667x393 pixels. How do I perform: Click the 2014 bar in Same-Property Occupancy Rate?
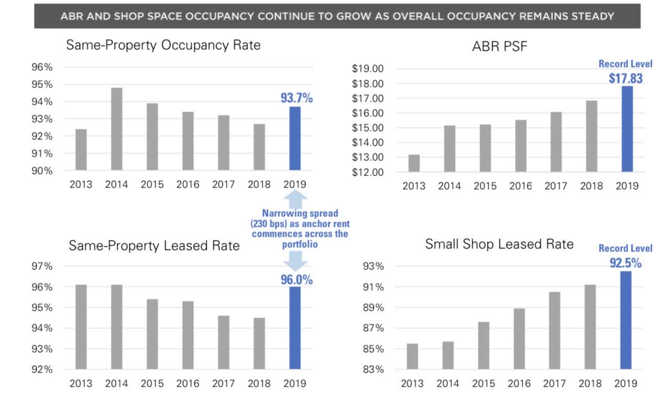(x=117, y=129)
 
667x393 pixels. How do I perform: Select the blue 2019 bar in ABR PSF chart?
(x=627, y=129)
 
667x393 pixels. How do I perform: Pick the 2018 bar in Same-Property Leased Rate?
(x=259, y=343)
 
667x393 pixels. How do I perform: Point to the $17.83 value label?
(x=626, y=79)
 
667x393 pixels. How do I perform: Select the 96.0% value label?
(x=296, y=280)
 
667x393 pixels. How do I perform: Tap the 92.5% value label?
(x=626, y=263)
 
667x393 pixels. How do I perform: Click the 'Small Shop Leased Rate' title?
(x=499, y=244)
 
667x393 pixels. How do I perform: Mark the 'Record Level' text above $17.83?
(x=626, y=64)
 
